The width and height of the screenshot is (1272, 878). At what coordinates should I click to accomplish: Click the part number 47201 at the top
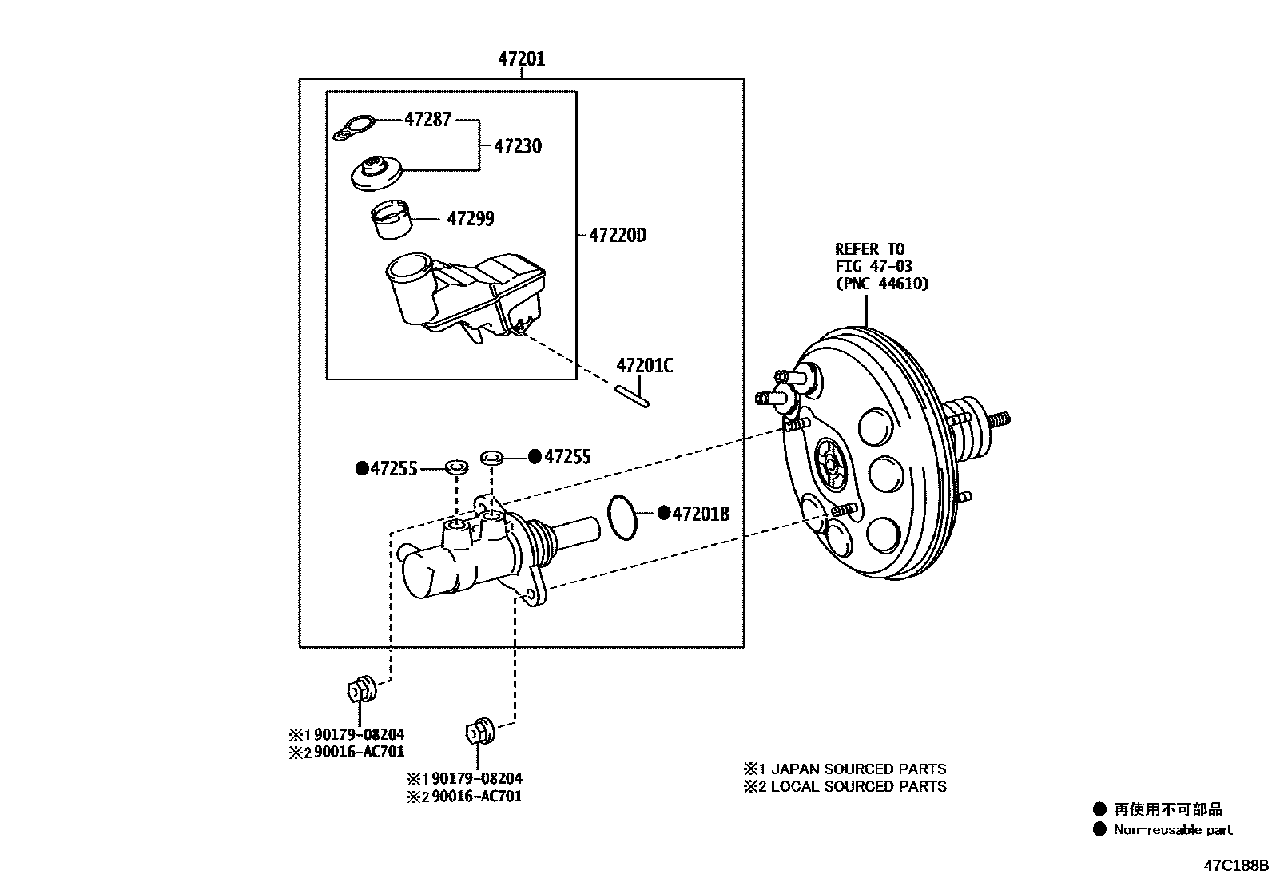(x=521, y=58)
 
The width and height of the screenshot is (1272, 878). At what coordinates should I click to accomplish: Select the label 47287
(x=427, y=119)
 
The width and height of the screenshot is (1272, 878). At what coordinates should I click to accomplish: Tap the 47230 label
(x=517, y=146)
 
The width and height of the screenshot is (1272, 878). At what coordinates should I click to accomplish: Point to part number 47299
(x=470, y=218)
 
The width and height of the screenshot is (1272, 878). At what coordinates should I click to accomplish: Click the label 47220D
(x=617, y=236)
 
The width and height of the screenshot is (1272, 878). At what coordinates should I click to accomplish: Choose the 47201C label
(x=644, y=366)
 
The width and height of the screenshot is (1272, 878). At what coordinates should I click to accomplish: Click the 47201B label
(x=701, y=514)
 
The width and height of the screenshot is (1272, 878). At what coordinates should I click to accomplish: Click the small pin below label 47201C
(x=633, y=396)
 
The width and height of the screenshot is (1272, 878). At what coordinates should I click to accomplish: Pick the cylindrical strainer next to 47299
(x=392, y=220)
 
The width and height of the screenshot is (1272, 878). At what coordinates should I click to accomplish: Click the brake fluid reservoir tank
(x=463, y=296)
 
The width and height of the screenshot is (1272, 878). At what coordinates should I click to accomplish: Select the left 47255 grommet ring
(x=456, y=466)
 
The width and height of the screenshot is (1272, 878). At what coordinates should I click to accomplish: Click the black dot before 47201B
(x=663, y=513)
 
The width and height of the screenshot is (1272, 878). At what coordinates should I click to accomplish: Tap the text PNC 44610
(x=883, y=283)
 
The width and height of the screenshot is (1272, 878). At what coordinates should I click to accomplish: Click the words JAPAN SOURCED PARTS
(x=858, y=769)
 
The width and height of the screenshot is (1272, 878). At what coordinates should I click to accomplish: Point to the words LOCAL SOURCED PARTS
(x=858, y=786)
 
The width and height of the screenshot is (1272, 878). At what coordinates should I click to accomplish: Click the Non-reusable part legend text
(x=1172, y=830)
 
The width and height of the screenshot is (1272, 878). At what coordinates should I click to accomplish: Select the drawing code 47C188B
(x=1237, y=865)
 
